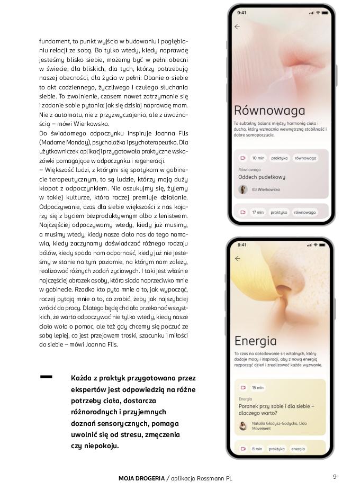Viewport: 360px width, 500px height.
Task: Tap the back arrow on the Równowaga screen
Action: coord(237,26)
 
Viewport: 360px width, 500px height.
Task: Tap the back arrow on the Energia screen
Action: coord(237,259)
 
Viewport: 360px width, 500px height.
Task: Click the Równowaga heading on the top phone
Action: coord(269,111)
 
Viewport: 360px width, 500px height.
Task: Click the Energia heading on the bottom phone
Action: coord(256,340)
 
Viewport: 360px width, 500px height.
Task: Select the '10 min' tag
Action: coord(258,158)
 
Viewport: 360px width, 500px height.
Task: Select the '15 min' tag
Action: coord(258,387)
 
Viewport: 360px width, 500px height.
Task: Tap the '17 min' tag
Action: coord(258,212)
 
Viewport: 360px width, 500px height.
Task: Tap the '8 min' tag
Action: coord(257,449)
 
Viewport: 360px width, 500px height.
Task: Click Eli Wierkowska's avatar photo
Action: coord(244,189)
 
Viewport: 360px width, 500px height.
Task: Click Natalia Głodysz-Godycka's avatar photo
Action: coord(244,425)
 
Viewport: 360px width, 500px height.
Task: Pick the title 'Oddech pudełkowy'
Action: coord(262,177)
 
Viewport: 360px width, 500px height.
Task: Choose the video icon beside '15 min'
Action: coord(243,387)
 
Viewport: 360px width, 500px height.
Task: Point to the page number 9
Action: coord(335,477)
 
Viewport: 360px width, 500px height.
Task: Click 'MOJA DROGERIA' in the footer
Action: coord(141,478)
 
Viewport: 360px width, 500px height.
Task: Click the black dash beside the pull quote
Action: coord(46,377)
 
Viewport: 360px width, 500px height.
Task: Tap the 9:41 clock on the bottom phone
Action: coord(242,245)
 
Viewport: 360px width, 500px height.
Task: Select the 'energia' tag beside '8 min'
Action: coord(298,449)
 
